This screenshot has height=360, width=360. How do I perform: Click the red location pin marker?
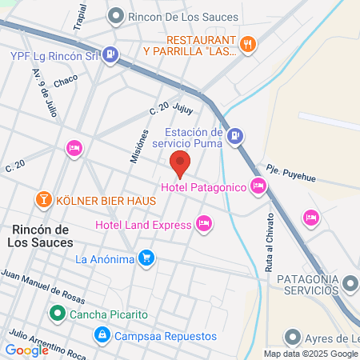pyautogui.click(x=180, y=163)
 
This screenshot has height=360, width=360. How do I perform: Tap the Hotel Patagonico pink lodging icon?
pyautogui.click(x=258, y=186)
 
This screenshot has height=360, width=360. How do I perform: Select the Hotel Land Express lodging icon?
pyautogui.click(x=204, y=222)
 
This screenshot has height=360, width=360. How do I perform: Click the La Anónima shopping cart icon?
pyautogui.click(x=146, y=258)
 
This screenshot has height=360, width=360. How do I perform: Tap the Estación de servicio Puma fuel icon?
pyautogui.click(x=234, y=137)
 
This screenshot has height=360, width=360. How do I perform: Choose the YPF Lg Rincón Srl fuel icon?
pyautogui.click(x=111, y=55)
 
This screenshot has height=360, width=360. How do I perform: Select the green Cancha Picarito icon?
pyautogui.click(x=57, y=313)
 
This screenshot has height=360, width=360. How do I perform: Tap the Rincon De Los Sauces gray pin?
pyautogui.click(x=117, y=14)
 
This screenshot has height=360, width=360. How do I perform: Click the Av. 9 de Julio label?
pyautogui.click(x=46, y=91)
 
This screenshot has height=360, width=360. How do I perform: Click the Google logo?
pyautogui.click(x=26, y=350)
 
